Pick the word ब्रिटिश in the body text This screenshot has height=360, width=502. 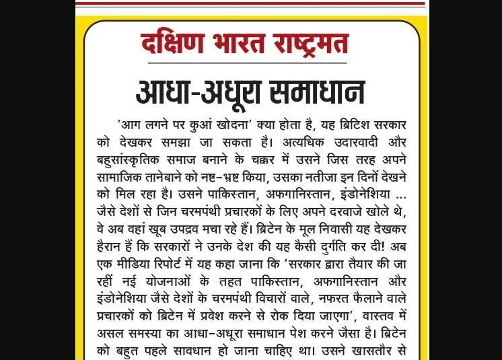tap(358, 124)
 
